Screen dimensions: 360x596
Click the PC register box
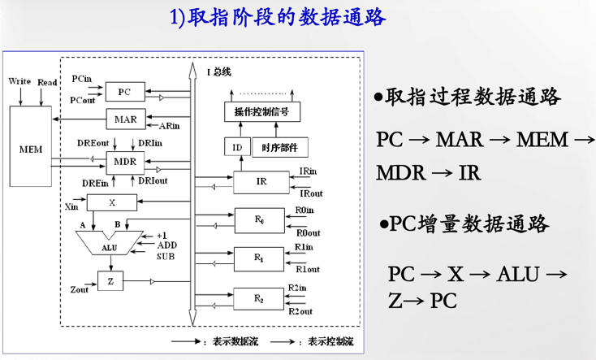(124, 92)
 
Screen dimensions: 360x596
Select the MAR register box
(126, 119)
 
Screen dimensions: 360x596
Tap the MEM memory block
(30, 150)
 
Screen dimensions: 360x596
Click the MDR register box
(125, 161)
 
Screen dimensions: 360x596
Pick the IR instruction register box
(261, 182)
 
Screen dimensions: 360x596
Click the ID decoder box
(236, 148)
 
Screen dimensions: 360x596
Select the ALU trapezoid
(109, 245)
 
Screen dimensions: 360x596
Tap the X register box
(112, 202)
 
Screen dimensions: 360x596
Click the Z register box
(110, 282)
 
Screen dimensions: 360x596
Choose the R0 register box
(259, 220)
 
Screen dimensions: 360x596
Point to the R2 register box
(259, 299)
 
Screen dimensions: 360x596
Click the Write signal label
(19, 82)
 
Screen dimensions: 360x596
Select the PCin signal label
(81, 79)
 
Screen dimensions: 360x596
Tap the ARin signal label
(170, 126)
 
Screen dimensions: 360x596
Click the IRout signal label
(311, 193)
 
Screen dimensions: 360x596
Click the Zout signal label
(80, 289)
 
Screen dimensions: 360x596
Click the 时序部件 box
(279, 148)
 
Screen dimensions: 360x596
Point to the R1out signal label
(307, 269)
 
